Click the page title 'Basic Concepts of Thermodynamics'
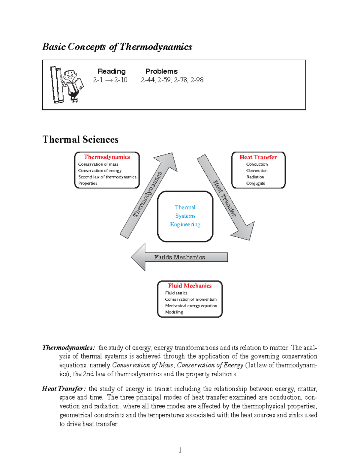click(x=117, y=47)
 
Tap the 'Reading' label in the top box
click(x=112, y=71)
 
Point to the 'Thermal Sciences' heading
click(x=80, y=140)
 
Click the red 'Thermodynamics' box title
click(x=107, y=157)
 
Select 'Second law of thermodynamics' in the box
click(x=107, y=177)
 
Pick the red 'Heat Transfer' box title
click(x=258, y=157)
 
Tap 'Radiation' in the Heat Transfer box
click(x=255, y=177)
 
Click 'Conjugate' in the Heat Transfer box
click(x=256, y=183)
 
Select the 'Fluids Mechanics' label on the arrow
click(x=179, y=257)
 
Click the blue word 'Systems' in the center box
click(x=185, y=216)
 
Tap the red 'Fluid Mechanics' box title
click(x=190, y=286)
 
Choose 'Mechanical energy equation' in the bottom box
click(x=191, y=306)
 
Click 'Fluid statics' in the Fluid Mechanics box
click(x=176, y=293)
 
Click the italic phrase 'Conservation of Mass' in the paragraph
click(x=142, y=365)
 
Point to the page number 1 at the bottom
click(x=180, y=450)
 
